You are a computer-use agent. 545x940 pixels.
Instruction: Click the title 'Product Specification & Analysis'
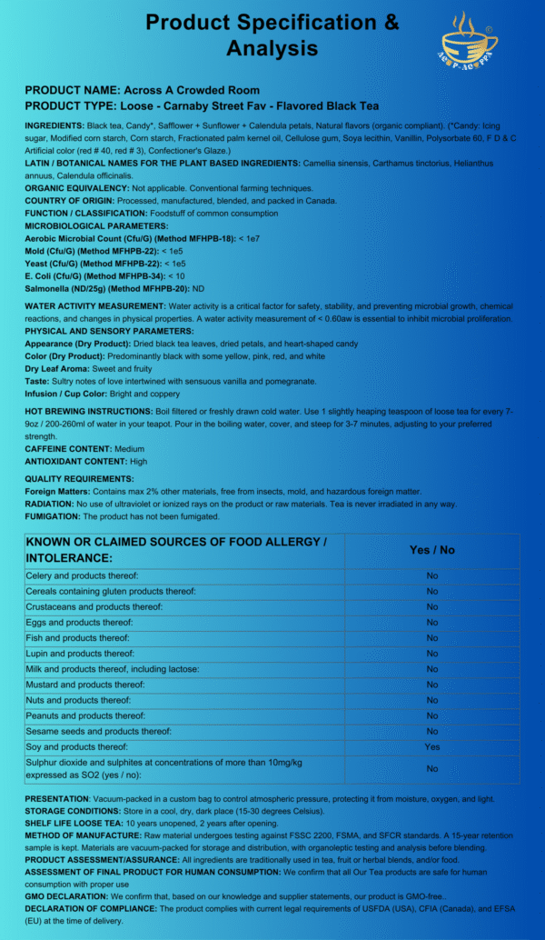click(x=272, y=35)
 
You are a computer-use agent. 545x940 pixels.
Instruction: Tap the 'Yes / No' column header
click(x=432, y=550)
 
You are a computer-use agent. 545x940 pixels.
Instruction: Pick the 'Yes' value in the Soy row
click(x=432, y=746)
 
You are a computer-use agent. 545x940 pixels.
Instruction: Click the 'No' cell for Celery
click(x=432, y=575)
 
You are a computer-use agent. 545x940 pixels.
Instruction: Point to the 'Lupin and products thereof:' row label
click(x=80, y=654)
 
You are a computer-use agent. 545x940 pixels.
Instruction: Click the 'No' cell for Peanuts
click(x=432, y=715)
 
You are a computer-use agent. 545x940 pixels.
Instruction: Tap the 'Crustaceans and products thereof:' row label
click(x=94, y=606)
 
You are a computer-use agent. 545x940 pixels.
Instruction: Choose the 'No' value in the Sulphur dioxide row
click(x=432, y=769)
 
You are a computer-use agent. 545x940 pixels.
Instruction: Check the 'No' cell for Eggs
click(x=432, y=622)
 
